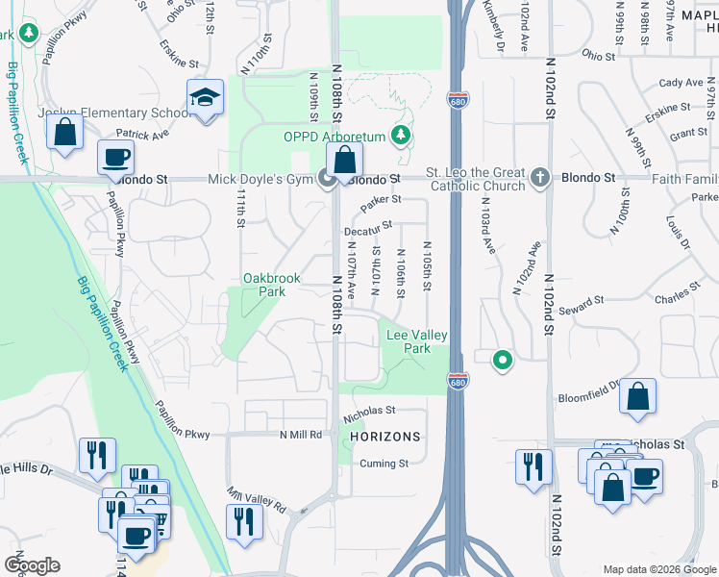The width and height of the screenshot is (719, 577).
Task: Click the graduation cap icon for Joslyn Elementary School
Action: tap(205, 98)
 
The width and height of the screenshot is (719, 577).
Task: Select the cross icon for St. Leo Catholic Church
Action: tap(540, 177)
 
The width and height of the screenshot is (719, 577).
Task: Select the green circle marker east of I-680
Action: tap(501, 361)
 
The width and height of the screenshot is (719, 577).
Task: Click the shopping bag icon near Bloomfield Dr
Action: tap(637, 396)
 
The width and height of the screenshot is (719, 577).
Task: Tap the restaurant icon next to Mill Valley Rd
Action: tap(244, 521)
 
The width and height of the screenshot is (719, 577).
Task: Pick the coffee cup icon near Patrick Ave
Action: tap(115, 157)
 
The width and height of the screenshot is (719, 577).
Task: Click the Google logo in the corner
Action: tap(32, 565)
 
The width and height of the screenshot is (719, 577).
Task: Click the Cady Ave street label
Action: tap(681, 84)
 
